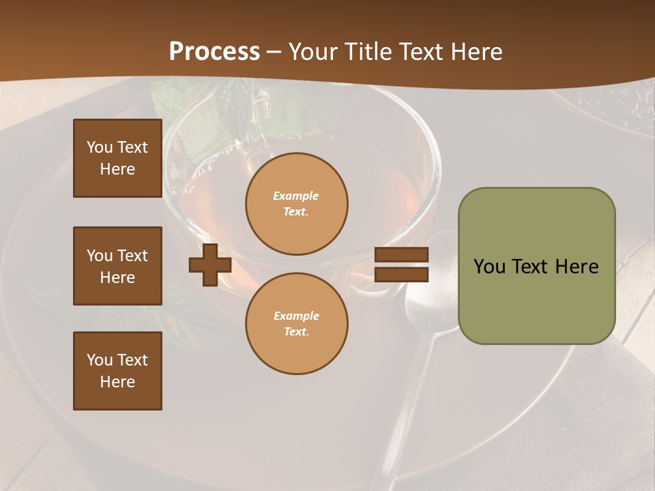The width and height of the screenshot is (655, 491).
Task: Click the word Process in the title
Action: (x=214, y=52)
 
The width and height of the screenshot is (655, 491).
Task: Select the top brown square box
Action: (x=117, y=158)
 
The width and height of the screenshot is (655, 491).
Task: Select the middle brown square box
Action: (x=117, y=266)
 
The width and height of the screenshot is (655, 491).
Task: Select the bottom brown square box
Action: (x=117, y=371)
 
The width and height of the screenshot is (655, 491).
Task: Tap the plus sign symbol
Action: (x=209, y=265)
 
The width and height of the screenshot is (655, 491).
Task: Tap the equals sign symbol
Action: (x=401, y=265)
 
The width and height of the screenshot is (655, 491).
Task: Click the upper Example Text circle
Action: (x=296, y=204)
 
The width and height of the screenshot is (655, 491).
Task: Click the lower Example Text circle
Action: (x=296, y=324)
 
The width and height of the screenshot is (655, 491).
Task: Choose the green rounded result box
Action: (x=536, y=266)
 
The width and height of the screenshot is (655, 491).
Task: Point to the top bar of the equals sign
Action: (x=401, y=255)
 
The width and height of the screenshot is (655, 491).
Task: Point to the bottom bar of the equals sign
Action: (x=401, y=274)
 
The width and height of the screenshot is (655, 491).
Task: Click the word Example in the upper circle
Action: (x=296, y=196)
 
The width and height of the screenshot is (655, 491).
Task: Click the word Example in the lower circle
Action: (x=296, y=316)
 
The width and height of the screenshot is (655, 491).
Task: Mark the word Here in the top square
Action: (x=117, y=169)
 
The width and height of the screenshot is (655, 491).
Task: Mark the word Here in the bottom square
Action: (x=117, y=382)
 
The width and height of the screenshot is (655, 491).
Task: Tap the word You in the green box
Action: (x=489, y=267)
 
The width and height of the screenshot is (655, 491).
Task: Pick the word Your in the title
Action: (x=315, y=52)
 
